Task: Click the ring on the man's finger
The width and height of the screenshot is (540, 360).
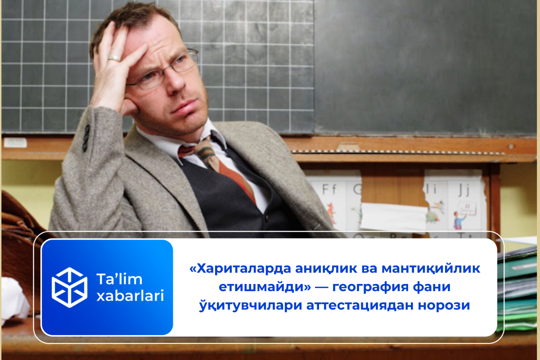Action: (114, 58)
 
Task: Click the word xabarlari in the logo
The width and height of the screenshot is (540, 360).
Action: (130, 296)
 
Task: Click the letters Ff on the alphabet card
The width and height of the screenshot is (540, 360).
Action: (329, 189)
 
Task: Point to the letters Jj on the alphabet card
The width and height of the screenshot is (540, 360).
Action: (463, 189)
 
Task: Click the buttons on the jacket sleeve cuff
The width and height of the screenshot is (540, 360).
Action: (85, 138)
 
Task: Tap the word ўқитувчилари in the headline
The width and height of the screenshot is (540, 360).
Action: (249, 306)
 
